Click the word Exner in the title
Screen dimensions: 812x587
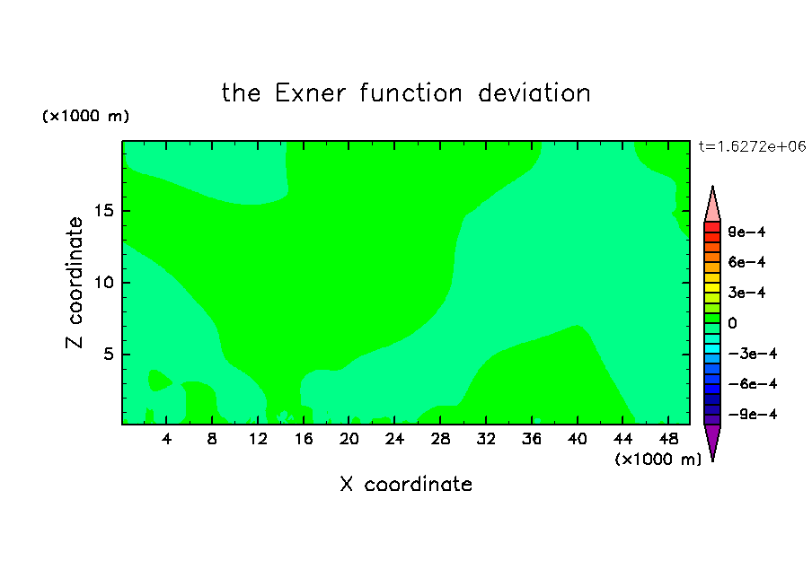coord(310,93)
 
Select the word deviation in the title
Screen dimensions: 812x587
coord(534,93)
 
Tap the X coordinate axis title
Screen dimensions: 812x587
coord(406,484)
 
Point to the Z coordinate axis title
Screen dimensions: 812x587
coord(75,282)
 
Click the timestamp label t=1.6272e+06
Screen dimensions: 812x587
coord(753,146)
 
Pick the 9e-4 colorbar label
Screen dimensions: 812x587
coord(746,232)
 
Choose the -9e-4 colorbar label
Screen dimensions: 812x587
coord(753,414)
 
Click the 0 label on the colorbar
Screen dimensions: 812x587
coord(732,323)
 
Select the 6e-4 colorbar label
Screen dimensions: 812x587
coord(746,262)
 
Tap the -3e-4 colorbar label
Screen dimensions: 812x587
coord(753,354)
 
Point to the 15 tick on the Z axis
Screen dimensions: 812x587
coord(103,211)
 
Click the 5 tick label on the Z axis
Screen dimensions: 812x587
coord(108,354)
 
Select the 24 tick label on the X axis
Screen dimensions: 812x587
coord(394,439)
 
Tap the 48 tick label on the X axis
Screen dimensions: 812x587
coord(668,439)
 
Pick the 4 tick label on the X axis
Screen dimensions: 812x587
coord(166,439)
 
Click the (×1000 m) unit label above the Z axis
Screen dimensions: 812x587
coord(85,116)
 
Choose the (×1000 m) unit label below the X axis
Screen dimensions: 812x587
coord(658,460)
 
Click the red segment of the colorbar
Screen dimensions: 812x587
coord(712,227)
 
